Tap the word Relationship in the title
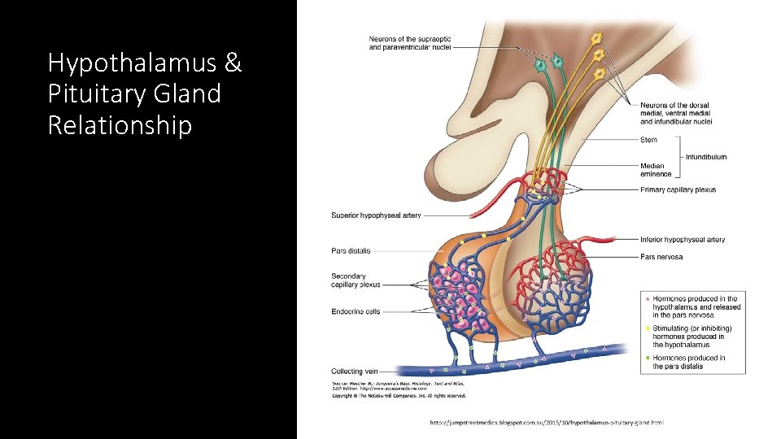pos(120,125)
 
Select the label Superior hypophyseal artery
pos(376,215)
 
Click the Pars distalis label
pos(351,251)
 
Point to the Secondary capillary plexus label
pos(356,280)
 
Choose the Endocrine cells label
pos(356,311)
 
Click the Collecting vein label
pos(353,372)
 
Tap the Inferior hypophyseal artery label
pos(683,240)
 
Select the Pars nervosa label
pos(661,257)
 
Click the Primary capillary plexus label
pos(678,190)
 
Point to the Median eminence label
pos(656,170)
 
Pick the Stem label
pos(648,140)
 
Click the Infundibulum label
pos(706,157)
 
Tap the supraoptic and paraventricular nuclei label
pos(410,43)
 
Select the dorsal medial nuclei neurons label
pos(676,113)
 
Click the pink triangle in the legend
pos(648,299)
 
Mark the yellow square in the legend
pos(648,328)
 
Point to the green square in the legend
pos(648,358)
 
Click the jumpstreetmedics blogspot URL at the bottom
pos(546,422)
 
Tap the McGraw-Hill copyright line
pos(399,396)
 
